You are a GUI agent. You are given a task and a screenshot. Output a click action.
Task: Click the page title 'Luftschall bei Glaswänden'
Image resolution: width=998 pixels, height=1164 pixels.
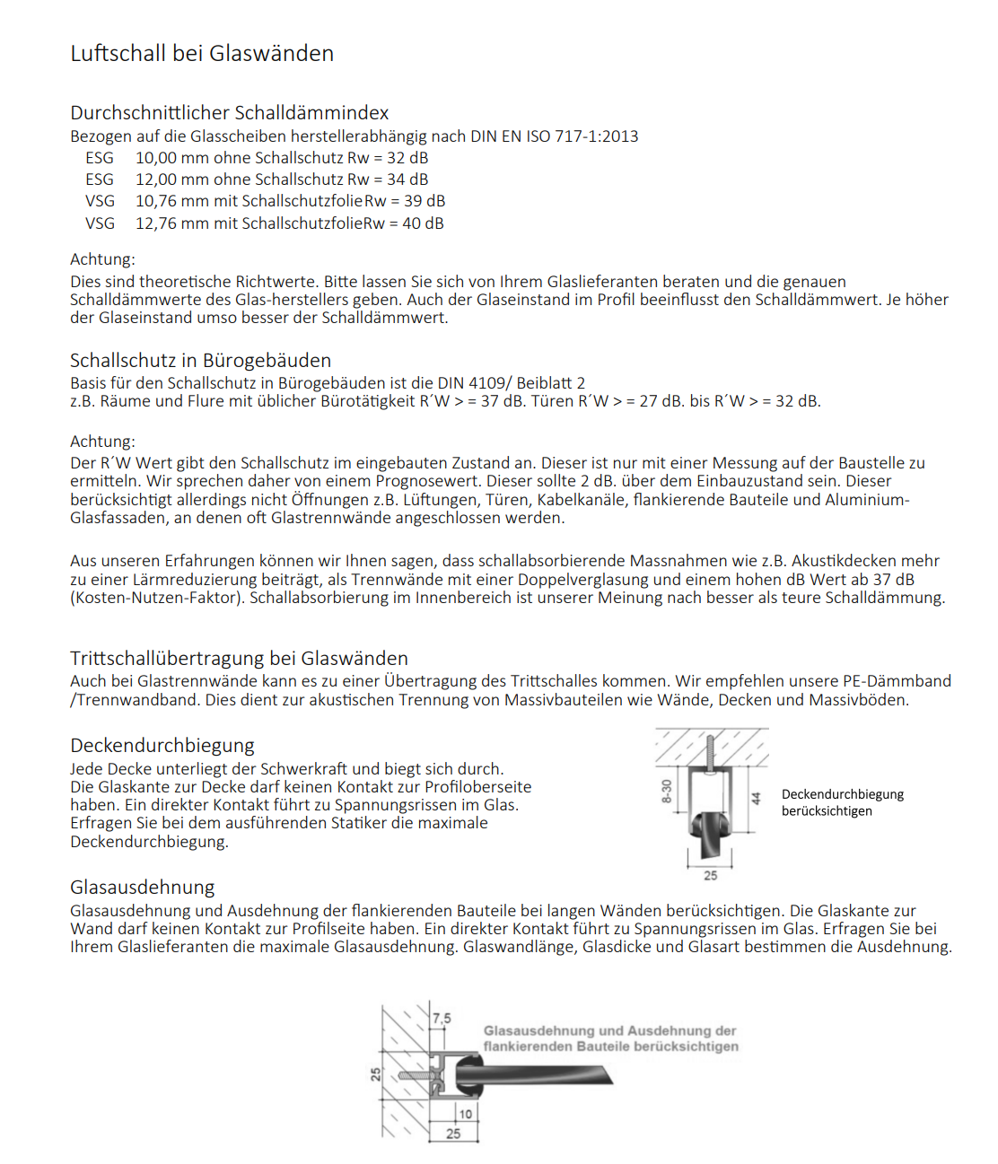202,54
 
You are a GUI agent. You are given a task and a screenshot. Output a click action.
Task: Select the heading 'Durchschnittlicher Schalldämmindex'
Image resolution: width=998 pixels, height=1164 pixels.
229,113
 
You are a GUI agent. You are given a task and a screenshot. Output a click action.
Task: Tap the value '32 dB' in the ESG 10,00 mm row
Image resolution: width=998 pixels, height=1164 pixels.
407,158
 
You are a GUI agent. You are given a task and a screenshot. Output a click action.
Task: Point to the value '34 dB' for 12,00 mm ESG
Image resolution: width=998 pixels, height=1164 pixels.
407,179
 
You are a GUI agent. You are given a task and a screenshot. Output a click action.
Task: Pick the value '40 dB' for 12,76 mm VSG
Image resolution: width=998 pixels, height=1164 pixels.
423,223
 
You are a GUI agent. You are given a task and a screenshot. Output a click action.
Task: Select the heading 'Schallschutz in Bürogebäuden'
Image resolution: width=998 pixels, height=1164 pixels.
200,361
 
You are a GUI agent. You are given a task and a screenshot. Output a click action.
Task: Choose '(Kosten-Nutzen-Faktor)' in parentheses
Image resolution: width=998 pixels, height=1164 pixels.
157,598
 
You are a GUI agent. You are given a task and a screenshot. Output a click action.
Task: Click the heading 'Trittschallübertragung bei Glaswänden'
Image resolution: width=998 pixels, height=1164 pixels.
239,659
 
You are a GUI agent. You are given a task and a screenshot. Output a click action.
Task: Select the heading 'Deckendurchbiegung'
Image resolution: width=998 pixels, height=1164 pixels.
162,746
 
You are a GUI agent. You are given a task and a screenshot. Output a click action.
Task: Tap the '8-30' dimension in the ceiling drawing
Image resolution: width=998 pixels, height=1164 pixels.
667,791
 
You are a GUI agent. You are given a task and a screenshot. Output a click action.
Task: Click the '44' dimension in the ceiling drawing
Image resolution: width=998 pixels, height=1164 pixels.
756,798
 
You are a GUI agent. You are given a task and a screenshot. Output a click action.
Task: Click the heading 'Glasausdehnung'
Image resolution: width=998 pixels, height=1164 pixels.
142,888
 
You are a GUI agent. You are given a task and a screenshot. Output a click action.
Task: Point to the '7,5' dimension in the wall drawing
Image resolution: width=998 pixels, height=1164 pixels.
442,1019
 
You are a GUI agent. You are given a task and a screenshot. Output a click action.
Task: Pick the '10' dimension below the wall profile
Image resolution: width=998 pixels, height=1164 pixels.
465,1114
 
